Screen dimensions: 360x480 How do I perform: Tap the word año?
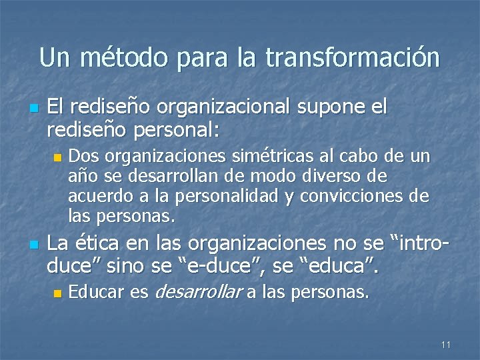tap(82, 177)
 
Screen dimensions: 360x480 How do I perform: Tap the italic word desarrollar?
tap(197, 291)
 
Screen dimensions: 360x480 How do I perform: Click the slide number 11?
tap(446, 345)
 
